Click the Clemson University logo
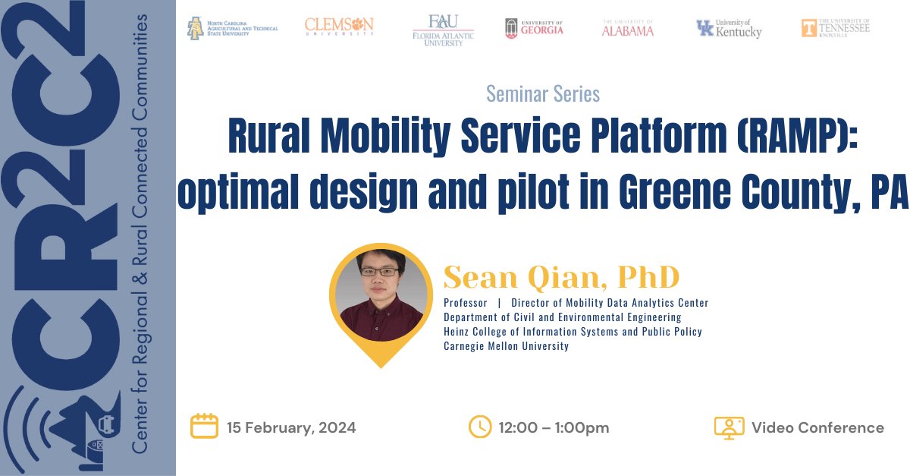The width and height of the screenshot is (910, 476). tap(339, 27)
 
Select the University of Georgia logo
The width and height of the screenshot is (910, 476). tap(534, 28)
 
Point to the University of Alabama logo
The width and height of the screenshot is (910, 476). tap(628, 29)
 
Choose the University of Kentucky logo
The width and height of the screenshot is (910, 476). tap(729, 29)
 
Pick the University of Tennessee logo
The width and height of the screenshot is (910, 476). tap(836, 27)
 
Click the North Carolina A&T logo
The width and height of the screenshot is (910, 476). tap(233, 29)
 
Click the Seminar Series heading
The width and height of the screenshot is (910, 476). tap(542, 93)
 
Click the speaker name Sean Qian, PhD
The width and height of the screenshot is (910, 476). tap(561, 278)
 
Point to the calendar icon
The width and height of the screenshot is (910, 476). tap(204, 427)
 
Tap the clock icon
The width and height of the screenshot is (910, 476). tap(480, 427)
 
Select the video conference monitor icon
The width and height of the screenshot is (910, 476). tap(728, 427)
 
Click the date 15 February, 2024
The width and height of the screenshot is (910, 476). tap(291, 427)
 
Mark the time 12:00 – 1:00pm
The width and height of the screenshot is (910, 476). tap(554, 427)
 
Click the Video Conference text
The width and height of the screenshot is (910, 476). tap(817, 427)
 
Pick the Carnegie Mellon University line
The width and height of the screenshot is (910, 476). tap(506, 346)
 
